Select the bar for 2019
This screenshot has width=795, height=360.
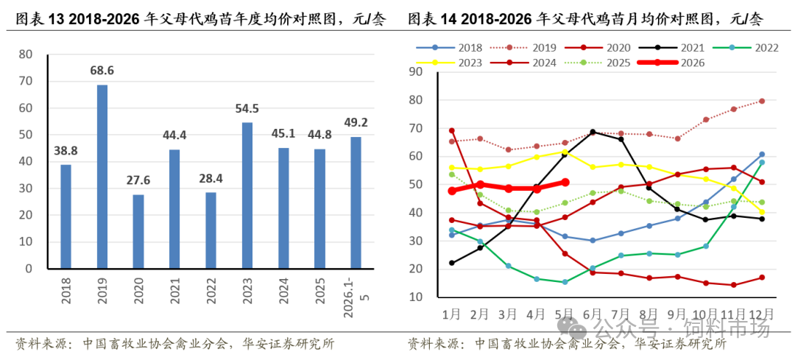102,177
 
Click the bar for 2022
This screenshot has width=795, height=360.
211,230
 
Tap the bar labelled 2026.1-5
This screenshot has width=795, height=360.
356,202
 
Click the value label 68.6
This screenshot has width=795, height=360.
102,71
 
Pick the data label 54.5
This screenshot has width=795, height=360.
247,108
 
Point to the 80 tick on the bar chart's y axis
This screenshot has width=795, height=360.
25,54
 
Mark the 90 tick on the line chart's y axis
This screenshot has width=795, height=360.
419,72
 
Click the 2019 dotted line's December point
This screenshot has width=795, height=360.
762,101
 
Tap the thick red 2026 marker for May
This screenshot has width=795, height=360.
565,182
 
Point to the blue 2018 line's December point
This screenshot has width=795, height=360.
762,154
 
